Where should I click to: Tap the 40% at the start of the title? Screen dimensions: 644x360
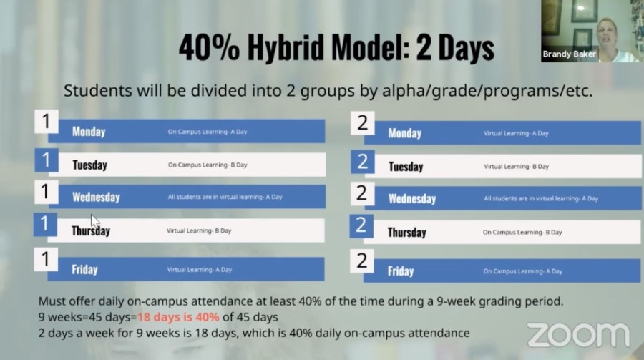pos(209,47)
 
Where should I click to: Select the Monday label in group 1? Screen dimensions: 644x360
pos(89,132)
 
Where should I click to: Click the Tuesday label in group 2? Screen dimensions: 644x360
pos(406,167)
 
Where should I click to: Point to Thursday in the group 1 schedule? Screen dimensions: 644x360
pos(91,230)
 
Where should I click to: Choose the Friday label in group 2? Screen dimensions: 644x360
pos(401,271)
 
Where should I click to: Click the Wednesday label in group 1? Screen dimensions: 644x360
pos(96,198)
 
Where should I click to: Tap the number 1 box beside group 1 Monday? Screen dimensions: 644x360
pos(46,121)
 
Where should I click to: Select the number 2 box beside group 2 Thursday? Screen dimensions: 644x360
pos(361,225)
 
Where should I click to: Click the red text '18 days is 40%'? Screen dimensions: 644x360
pos(178,317)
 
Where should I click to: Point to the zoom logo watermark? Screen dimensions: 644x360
pos(578,334)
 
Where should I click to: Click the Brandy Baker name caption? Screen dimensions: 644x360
pos(569,54)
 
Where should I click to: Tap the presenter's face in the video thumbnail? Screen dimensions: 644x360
pos(608,34)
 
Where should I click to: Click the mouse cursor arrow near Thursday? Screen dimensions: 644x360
pos(95,221)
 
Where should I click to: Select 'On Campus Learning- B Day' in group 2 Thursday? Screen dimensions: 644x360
pos(522,232)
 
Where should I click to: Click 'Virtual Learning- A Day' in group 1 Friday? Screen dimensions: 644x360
pos(199,270)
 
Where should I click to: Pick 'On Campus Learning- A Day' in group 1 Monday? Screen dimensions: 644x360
pos(208,132)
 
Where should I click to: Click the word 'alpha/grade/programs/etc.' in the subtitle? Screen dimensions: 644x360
pos(487,91)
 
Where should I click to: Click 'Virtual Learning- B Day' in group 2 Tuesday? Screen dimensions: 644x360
pos(516,167)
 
